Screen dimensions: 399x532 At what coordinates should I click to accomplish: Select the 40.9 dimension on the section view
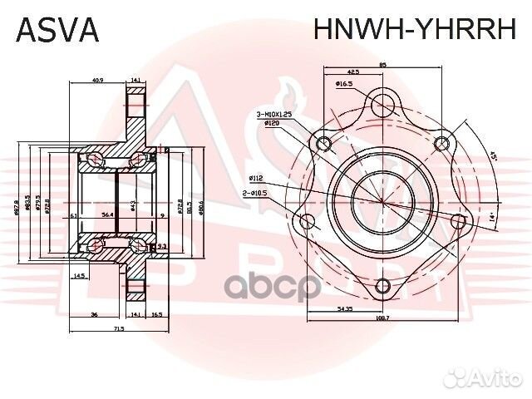[x=97, y=81]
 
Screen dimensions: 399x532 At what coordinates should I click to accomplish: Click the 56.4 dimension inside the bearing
[x=108, y=214]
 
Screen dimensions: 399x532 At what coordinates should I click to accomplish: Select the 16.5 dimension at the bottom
[x=157, y=315]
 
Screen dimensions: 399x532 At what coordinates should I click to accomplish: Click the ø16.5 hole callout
[x=345, y=84]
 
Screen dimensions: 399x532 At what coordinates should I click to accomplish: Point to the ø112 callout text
[x=256, y=177]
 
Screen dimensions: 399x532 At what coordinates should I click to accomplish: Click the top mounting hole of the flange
[x=382, y=104]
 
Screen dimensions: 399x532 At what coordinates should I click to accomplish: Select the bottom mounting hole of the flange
[x=382, y=288]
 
